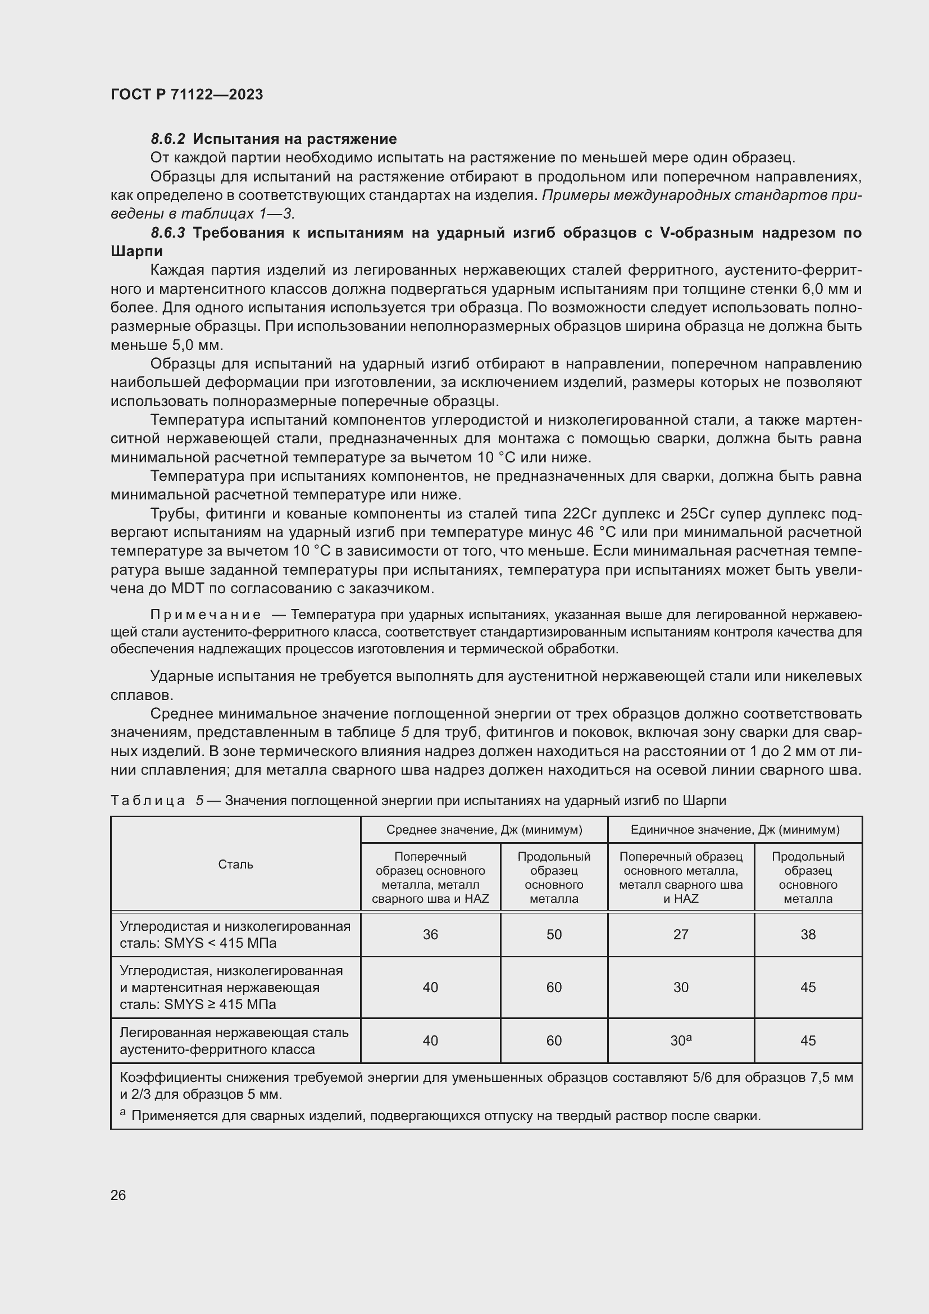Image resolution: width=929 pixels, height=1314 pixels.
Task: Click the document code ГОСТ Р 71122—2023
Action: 186,94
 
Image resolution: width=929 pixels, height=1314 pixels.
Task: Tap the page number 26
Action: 118,1195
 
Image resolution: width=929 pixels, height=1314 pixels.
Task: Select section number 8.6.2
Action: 167,139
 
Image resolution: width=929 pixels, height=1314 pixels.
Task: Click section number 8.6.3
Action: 167,233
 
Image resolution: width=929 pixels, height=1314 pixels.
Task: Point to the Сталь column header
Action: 235,864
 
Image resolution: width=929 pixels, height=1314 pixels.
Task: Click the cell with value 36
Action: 430,935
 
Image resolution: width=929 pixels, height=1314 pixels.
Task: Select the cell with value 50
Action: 554,935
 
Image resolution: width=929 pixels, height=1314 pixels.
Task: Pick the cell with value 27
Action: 681,935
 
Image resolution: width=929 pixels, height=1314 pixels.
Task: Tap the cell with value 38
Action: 808,935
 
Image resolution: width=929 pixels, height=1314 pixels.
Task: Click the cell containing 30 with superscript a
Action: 681,1040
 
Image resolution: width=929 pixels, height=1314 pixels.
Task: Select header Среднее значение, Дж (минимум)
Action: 484,830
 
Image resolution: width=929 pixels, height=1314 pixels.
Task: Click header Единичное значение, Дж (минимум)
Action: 735,830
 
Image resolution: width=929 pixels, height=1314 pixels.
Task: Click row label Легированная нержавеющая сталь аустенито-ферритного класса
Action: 234,1040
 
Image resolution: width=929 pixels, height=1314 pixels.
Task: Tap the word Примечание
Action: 206,615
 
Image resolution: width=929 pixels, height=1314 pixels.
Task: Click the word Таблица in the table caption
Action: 148,801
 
